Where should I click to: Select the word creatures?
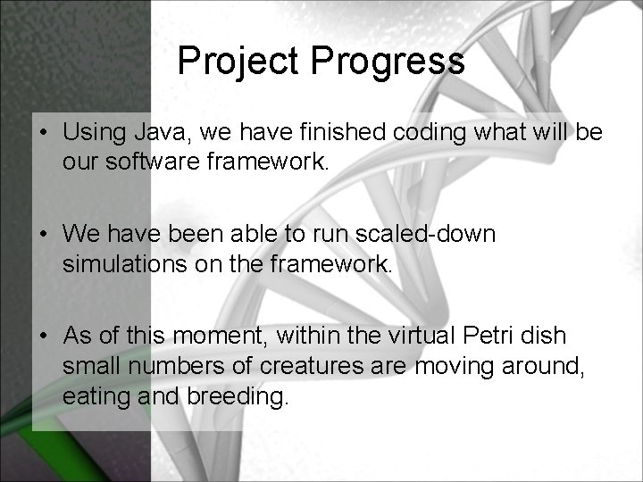coord(295,367)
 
